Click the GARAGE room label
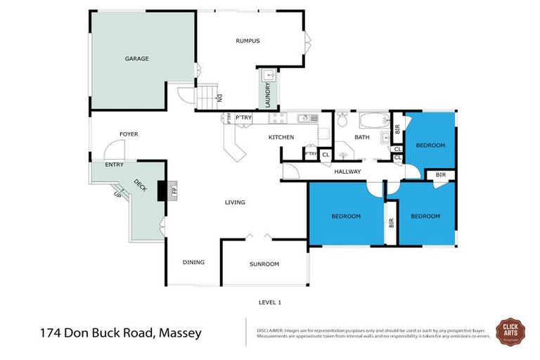click(136, 58)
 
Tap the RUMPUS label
click(247, 41)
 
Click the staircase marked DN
click(205, 96)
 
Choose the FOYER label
click(129, 134)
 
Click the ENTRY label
click(114, 165)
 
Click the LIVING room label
click(235, 202)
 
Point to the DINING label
click(193, 262)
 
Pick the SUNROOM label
click(264, 264)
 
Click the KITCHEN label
click(281, 137)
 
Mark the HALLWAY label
click(347, 172)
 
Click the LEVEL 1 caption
click(271, 302)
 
